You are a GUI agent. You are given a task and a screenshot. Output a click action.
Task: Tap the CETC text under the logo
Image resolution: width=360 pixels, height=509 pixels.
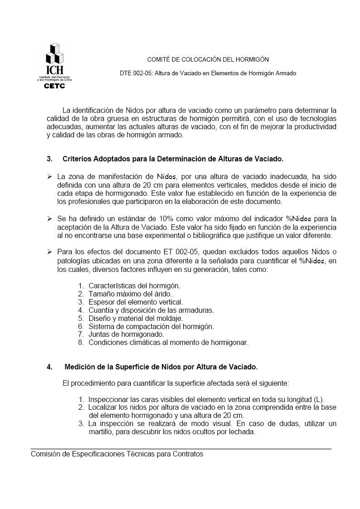tap(54, 86)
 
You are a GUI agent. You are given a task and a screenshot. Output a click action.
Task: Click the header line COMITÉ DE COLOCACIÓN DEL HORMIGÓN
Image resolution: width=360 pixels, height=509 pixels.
tap(208, 59)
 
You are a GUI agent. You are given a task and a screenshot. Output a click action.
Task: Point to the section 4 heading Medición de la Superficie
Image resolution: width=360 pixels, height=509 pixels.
tap(161, 367)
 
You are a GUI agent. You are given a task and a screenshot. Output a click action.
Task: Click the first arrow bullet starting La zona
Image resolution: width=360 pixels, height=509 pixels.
tap(49, 176)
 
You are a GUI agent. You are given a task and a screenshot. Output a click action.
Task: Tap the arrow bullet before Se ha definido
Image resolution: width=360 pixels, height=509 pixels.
tap(49, 219)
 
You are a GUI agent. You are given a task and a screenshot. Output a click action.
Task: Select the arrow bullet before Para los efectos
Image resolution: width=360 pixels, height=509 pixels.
tap(49, 252)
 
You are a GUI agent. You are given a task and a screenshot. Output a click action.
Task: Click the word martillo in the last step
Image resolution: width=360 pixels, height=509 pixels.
tap(101, 432)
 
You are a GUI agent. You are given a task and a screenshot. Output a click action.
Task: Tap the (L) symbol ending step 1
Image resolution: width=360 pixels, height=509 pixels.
tap(319, 399)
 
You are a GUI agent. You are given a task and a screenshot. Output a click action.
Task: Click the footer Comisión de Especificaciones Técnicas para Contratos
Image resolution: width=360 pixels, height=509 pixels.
tap(117, 454)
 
